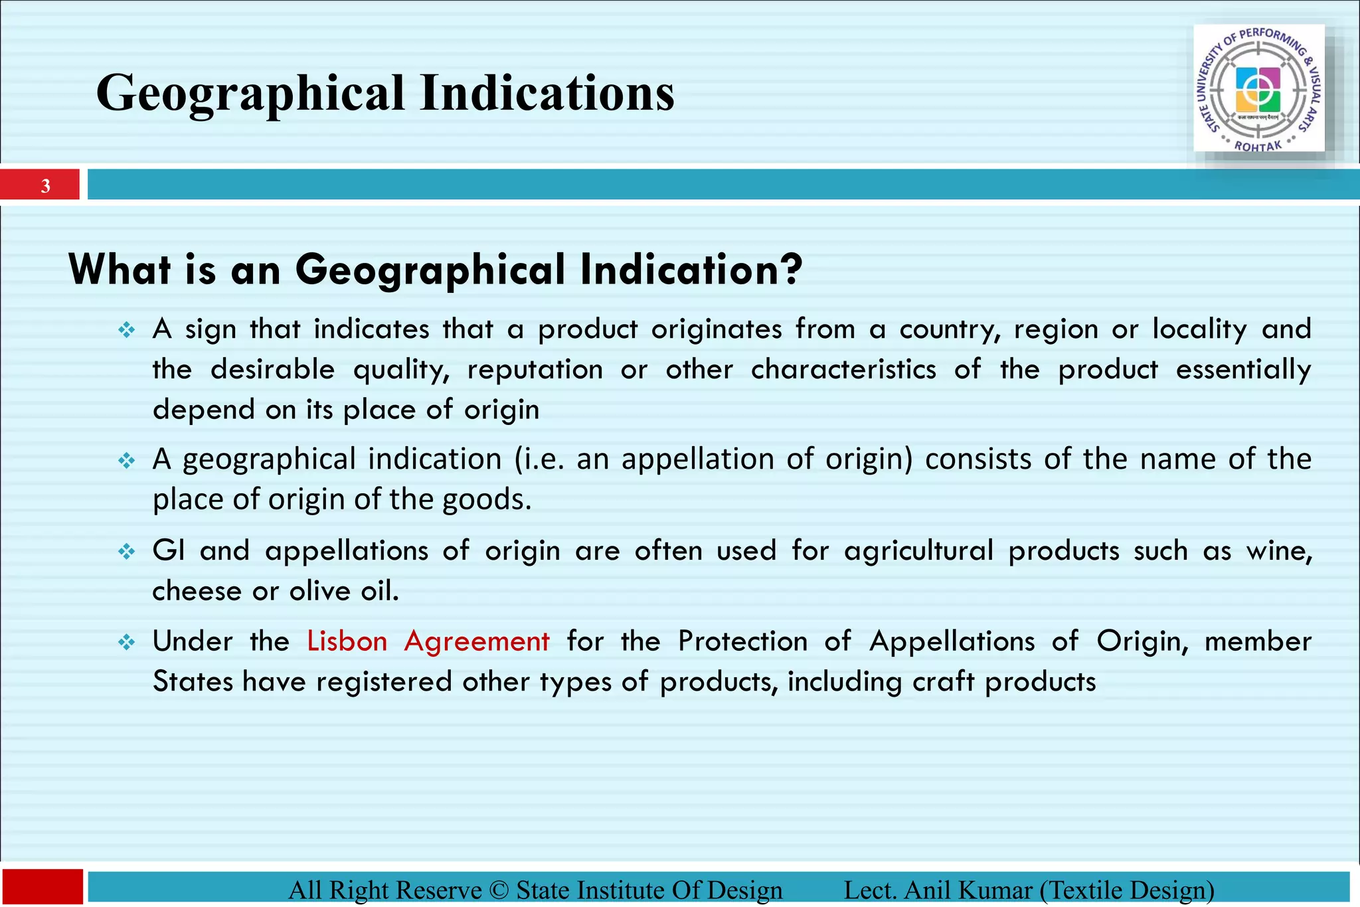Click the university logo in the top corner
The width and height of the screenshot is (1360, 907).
tap(1258, 88)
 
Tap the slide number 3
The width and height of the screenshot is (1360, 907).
tap(45, 185)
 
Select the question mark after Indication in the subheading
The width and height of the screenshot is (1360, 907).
tap(790, 269)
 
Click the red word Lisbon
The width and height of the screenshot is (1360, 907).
tap(347, 641)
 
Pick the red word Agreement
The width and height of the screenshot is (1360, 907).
tap(477, 641)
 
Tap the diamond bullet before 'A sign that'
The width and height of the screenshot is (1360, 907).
tap(126, 330)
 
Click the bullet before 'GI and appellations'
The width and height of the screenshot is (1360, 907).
tap(126, 552)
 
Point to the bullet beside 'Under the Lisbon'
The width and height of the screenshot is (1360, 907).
tap(126, 642)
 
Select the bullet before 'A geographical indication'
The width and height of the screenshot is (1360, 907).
tap(126, 460)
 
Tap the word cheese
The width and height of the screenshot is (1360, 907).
tap(197, 591)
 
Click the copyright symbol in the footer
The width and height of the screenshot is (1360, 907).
tap(499, 890)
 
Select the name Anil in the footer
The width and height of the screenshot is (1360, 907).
tap(928, 890)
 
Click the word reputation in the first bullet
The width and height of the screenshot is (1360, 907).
tap(535, 370)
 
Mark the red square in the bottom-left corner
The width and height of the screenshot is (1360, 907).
tap(42, 886)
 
